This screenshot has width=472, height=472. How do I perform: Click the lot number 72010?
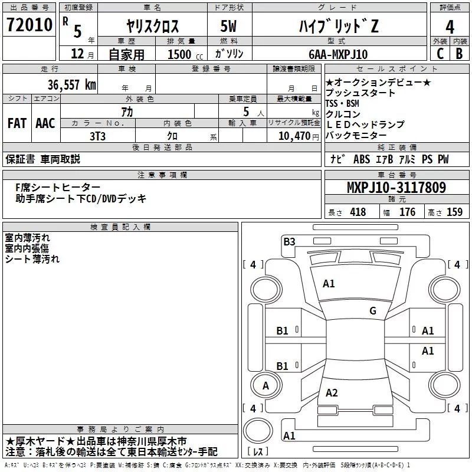pos(29,25)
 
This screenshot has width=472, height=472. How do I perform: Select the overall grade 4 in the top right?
pos(450,27)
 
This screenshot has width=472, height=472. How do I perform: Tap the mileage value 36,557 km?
pos(71,85)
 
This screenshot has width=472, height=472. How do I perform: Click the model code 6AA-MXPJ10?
pos(338,54)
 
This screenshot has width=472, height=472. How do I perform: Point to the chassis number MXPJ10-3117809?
pos(396,188)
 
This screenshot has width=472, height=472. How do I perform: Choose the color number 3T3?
pos(97,136)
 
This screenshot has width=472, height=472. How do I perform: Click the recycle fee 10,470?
pos(294,136)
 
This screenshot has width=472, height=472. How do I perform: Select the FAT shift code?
pos(17,123)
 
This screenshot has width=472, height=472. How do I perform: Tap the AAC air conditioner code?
pos(45,123)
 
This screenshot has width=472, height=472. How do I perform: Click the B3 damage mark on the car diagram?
pos(289,242)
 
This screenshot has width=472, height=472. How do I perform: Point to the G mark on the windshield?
pos(373,311)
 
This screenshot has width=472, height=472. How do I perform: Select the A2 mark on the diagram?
pos(332,393)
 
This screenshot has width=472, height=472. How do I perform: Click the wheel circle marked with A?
pos(266,385)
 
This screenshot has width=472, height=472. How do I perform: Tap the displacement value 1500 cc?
pos(185,54)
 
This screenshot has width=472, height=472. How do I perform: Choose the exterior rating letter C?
pos(440,54)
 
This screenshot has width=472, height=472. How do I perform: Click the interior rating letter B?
pos(460,54)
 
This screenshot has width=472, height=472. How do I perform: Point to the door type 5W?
pos(228,26)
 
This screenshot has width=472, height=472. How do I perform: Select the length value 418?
pos(358,212)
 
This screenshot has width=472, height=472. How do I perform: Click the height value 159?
pos(454,212)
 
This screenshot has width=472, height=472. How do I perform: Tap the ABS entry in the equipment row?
pos(362,159)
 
